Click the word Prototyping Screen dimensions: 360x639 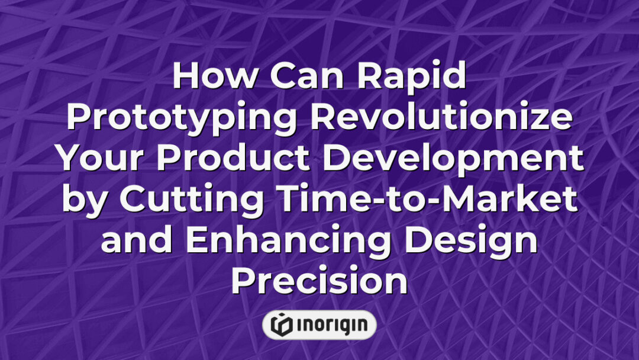tap(183, 118)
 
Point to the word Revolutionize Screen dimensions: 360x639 tap(442, 118)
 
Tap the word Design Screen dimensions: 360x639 tap(473, 242)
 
